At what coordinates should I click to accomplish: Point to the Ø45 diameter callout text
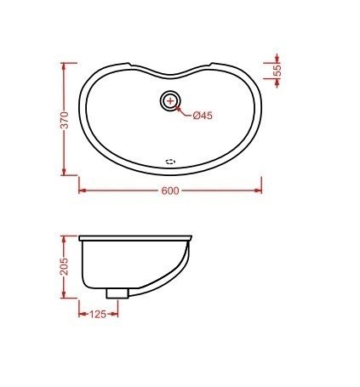point(202,115)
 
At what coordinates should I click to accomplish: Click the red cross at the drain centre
point(170,101)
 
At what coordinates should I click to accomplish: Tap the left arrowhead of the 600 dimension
point(82,190)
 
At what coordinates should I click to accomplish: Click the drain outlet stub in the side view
point(117,292)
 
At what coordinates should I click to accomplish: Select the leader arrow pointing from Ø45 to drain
point(181,108)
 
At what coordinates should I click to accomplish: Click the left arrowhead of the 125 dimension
point(82,313)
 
